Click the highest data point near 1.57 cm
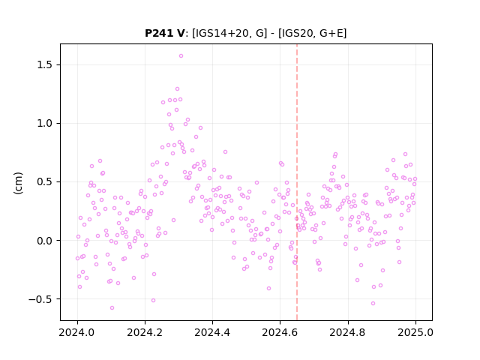pyautogui.click(x=181, y=56)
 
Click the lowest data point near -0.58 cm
pyautogui.click(x=112, y=308)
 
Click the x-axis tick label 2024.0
pyautogui.click(x=77, y=332)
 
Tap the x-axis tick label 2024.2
pyautogui.click(x=145, y=332)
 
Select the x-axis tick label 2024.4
pyautogui.click(x=212, y=332)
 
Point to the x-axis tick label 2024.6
pyautogui.click(x=280, y=332)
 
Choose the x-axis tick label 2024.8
pyautogui.click(x=348, y=332)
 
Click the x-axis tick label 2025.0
pyautogui.click(x=415, y=332)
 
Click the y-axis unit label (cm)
pyautogui.click(x=18, y=183)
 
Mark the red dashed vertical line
pyautogui.click(x=297, y=182)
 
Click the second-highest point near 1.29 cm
pyautogui.click(x=177, y=89)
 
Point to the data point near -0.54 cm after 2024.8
pyautogui.click(x=373, y=303)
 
